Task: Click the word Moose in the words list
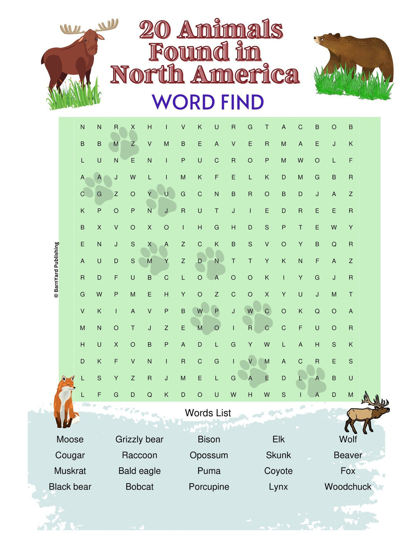[x=70, y=439]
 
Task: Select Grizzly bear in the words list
[x=139, y=439]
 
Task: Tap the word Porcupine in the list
[x=209, y=487]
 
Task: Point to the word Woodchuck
[x=348, y=487]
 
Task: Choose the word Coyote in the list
[x=278, y=471]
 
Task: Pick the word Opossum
[x=209, y=455]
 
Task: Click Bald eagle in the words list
[x=139, y=471]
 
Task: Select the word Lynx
[x=278, y=487]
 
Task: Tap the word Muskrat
[x=70, y=471]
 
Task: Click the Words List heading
[x=208, y=413]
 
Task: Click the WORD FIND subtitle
[x=208, y=102]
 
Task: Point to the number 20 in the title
[x=155, y=30]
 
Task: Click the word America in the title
[x=245, y=75]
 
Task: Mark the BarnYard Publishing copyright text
[x=57, y=269]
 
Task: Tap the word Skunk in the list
[x=278, y=455]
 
